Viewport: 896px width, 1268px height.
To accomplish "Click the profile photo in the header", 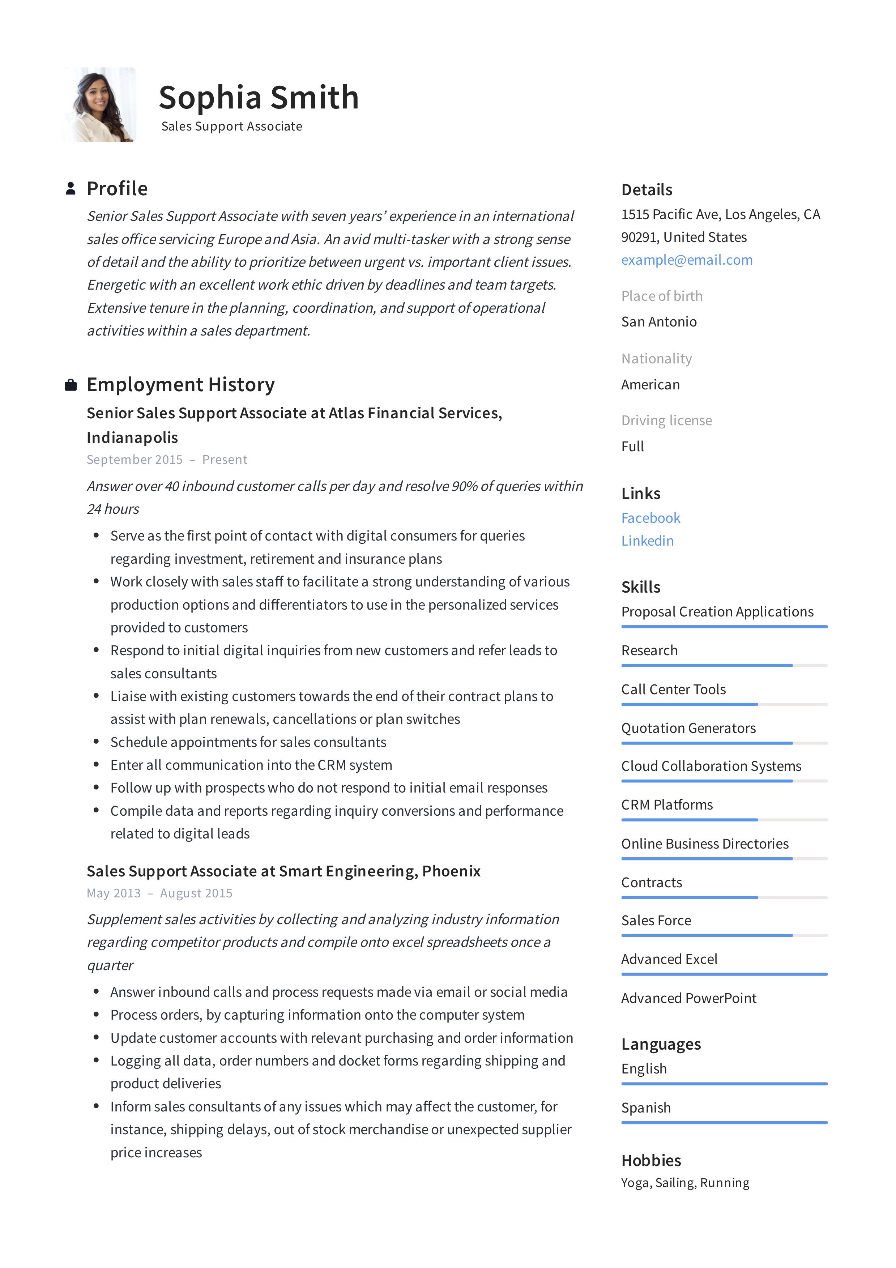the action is click(x=99, y=105).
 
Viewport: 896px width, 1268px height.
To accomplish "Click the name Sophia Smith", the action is click(x=259, y=97).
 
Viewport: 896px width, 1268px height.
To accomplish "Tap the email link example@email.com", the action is click(x=687, y=260).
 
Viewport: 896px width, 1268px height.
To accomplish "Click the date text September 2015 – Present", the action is click(x=167, y=460).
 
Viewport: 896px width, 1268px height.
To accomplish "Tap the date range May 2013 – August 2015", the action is click(x=159, y=893).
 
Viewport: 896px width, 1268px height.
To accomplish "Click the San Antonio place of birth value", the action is click(x=658, y=321).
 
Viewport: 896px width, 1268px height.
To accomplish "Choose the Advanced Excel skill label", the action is click(x=669, y=959).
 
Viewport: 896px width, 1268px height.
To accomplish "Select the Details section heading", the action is click(x=646, y=190).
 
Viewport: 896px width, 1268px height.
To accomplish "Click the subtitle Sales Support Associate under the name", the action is click(x=231, y=127).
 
